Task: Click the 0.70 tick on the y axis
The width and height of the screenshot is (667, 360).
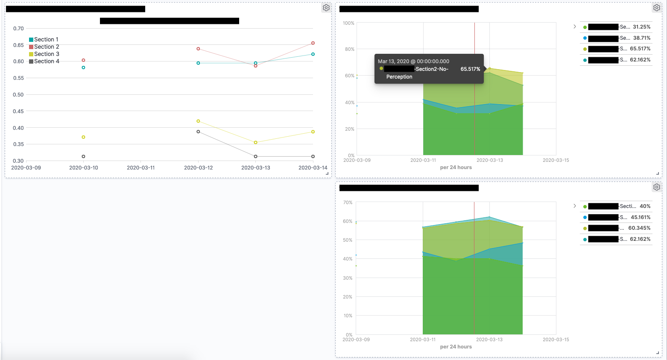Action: pyautogui.click(x=18, y=29)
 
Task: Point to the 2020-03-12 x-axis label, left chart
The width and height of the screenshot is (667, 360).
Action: pyautogui.click(x=198, y=167)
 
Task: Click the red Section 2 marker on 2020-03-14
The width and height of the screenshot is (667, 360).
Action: pyautogui.click(x=313, y=43)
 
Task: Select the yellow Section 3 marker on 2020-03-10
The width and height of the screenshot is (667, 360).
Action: pyautogui.click(x=83, y=137)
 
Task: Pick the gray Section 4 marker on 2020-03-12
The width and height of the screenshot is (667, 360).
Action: pyautogui.click(x=198, y=132)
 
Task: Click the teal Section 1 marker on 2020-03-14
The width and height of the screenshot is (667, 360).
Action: pyautogui.click(x=313, y=54)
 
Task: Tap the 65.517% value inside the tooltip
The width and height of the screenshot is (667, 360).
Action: pyautogui.click(x=470, y=69)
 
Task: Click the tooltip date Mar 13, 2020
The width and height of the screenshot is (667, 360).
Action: pyautogui.click(x=413, y=61)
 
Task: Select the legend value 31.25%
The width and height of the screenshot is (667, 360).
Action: pyautogui.click(x=641, y=26)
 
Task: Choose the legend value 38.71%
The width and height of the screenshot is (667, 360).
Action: pyautogui.click(x=641, y=38)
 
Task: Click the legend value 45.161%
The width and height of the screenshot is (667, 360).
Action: pyautogui.click(x=641, y=217)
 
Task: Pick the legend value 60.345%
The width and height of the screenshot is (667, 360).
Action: pyautogui.click(x=639, y=228)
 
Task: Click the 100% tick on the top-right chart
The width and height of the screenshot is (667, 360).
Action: pyautogui.click(x=348, y=23)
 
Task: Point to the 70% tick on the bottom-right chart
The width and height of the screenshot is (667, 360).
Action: pyautogui.click(x=348, y=202)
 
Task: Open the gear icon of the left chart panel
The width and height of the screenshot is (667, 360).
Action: pyautogui.click(x=326, y=8)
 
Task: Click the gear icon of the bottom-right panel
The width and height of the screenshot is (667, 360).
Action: pyautogui.click(x=657, y=187)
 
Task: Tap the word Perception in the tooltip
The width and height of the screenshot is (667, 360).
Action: pyautogui.click(x=399, y=77)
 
